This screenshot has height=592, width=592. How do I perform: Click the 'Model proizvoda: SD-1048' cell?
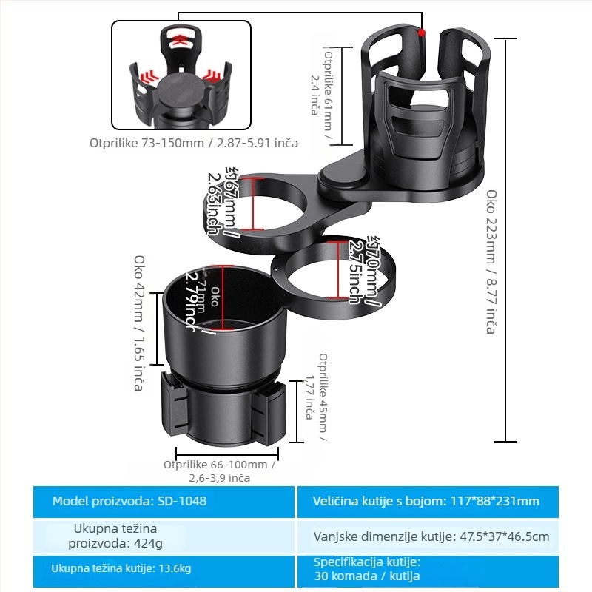click(x=164, y=502)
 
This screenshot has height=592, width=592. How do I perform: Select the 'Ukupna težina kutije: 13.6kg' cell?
click(x=164, y=569)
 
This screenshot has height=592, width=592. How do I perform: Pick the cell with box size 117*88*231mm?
click(x=443, y=502)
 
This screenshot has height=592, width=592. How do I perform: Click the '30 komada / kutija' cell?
click(x=443, y=569)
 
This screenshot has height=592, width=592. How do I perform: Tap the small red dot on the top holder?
click(x=421, y=33)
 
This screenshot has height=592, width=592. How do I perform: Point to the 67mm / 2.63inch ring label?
click(x=221, y=201)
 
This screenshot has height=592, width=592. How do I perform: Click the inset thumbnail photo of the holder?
click(x=181, y=75)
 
